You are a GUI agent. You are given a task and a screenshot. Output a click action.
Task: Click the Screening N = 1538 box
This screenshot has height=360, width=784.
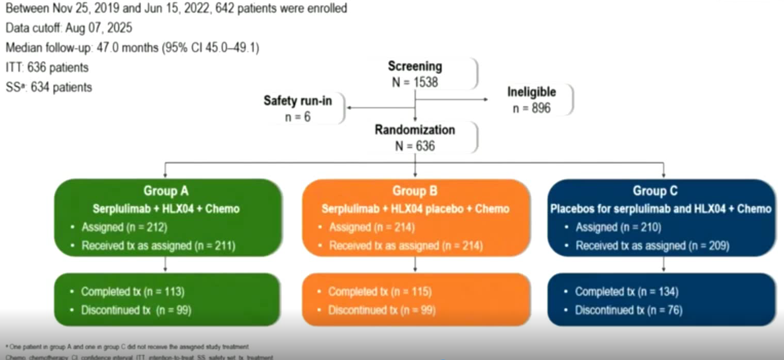(415, 74)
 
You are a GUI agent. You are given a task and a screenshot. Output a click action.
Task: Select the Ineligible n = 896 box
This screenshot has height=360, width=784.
(531, 100)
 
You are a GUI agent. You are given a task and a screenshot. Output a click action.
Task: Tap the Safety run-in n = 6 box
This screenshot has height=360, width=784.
(298, 108)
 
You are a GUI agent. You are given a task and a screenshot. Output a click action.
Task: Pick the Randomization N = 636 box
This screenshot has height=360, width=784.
(415, 138)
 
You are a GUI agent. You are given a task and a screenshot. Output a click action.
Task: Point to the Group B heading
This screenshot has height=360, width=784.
(415, 191)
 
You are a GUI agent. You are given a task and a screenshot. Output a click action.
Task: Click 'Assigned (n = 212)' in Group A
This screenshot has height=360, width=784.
(124, 228)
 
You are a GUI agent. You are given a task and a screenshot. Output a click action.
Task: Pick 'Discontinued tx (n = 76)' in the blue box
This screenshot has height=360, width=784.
(628, 310)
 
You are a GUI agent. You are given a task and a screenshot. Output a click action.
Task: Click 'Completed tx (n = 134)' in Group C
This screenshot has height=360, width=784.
(626, 292)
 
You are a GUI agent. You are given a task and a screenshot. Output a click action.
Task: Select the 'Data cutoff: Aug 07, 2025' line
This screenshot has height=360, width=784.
(69, 28)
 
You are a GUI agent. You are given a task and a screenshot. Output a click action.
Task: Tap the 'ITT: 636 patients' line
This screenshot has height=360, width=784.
(47, 67)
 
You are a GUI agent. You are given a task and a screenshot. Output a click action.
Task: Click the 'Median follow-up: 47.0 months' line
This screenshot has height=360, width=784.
(133, 48)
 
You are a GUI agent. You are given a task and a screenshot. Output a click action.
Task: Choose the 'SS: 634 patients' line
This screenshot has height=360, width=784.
(49, 87)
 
